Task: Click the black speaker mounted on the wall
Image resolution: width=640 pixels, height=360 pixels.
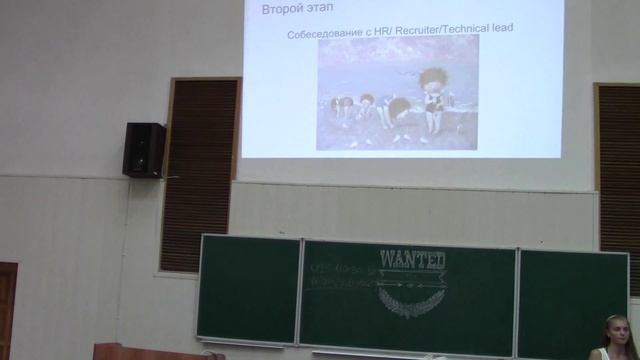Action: pyautogui.click(x=144, y=149)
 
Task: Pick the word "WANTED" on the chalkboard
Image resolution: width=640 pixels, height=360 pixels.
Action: pyautogui.click(x=412, y=260)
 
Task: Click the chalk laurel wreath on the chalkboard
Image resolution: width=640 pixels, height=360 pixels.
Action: pyautogui.click(x=411, y=299)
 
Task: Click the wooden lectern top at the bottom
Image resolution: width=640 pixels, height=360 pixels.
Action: pyautogui.click(x=150, y=351)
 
